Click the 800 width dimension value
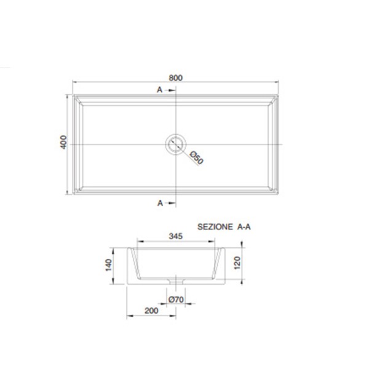coord(177,78)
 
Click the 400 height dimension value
coord(62,143)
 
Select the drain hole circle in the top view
coord(175,144)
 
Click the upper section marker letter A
coord(159,90)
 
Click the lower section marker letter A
coord(159,202)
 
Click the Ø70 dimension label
coord(176,300)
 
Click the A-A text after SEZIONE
coord(245,227)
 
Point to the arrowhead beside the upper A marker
coord(169,90)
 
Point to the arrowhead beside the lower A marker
coord(169,202)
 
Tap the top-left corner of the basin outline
coord(73,94)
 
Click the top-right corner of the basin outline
coord(281,94)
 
